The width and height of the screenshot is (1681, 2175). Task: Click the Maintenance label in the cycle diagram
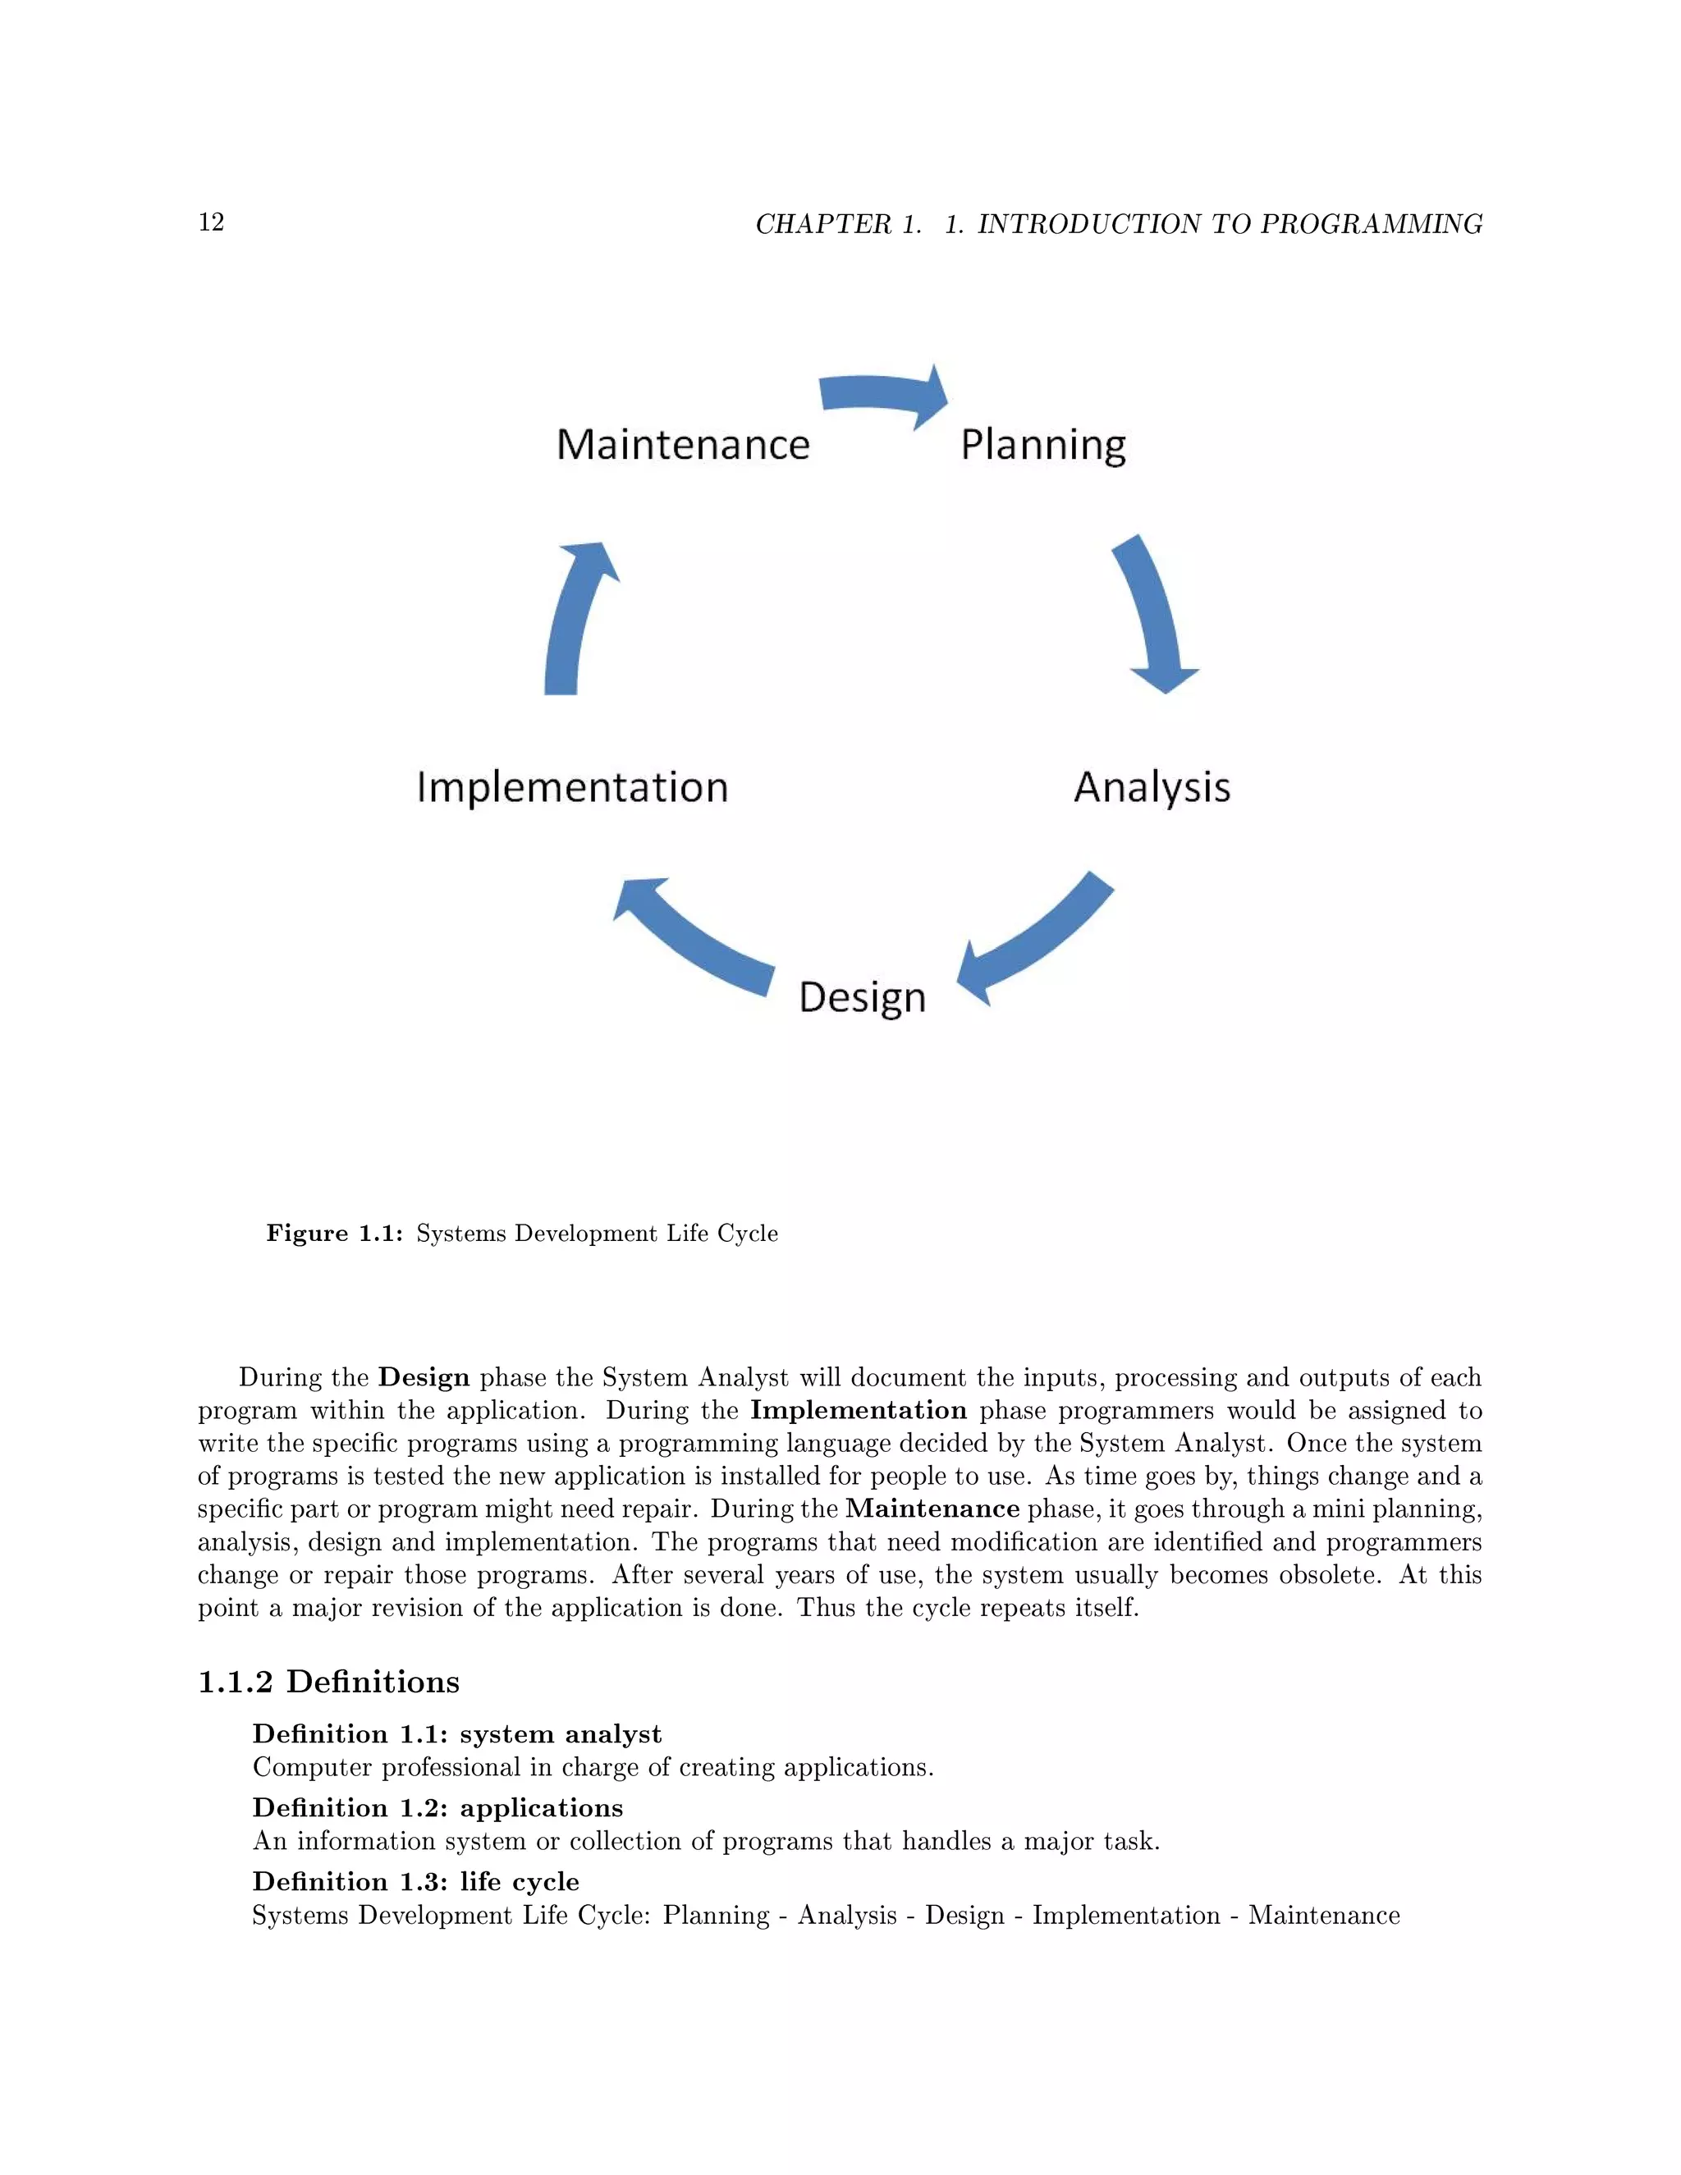coord(683,444)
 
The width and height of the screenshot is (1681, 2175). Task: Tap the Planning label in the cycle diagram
coord(1042,444)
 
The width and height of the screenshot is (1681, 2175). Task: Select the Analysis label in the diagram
coord(1152,787)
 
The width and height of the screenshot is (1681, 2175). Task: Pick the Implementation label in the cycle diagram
coord(573,787)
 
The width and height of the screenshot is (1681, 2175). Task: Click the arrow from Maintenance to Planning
coord(882,394)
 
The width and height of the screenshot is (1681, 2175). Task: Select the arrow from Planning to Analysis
coord(1155,612)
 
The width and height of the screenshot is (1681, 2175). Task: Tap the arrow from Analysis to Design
coord(1036,941)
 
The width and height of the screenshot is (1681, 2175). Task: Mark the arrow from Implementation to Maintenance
coord(575,617)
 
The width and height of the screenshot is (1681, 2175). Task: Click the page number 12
coord(211,222)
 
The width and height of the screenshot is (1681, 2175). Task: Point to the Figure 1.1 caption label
coord(333,1233)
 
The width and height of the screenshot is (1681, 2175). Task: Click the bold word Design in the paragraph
coord(424,1377)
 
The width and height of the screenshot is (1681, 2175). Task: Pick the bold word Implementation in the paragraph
coord(859,1410)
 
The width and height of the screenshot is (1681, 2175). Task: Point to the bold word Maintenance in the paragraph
coord(932,1509)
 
